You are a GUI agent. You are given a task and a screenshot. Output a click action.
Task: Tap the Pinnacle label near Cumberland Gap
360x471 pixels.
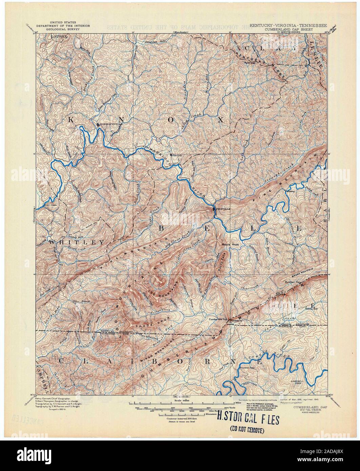[236, 320]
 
